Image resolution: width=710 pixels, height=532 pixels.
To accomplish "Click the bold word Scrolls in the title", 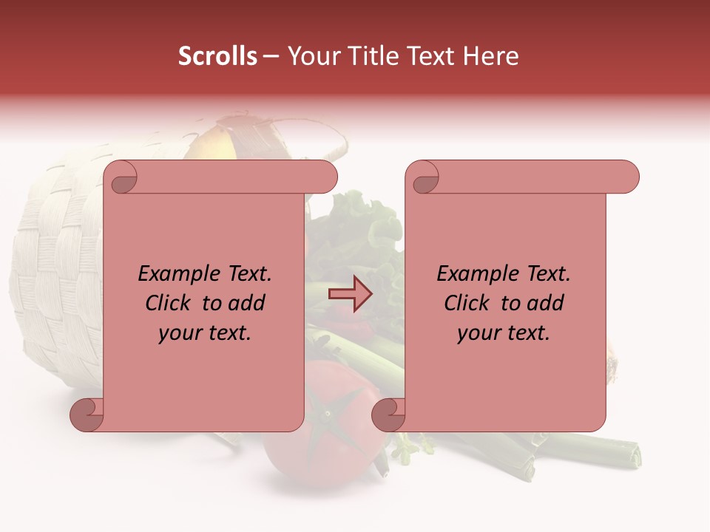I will tap(217, 56).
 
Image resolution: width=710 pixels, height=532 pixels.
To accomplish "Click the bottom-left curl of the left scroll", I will tap(87, 414).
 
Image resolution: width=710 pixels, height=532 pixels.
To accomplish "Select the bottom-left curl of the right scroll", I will tap(389, 414).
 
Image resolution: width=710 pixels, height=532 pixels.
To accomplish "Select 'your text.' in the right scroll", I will tap(504, 332).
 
